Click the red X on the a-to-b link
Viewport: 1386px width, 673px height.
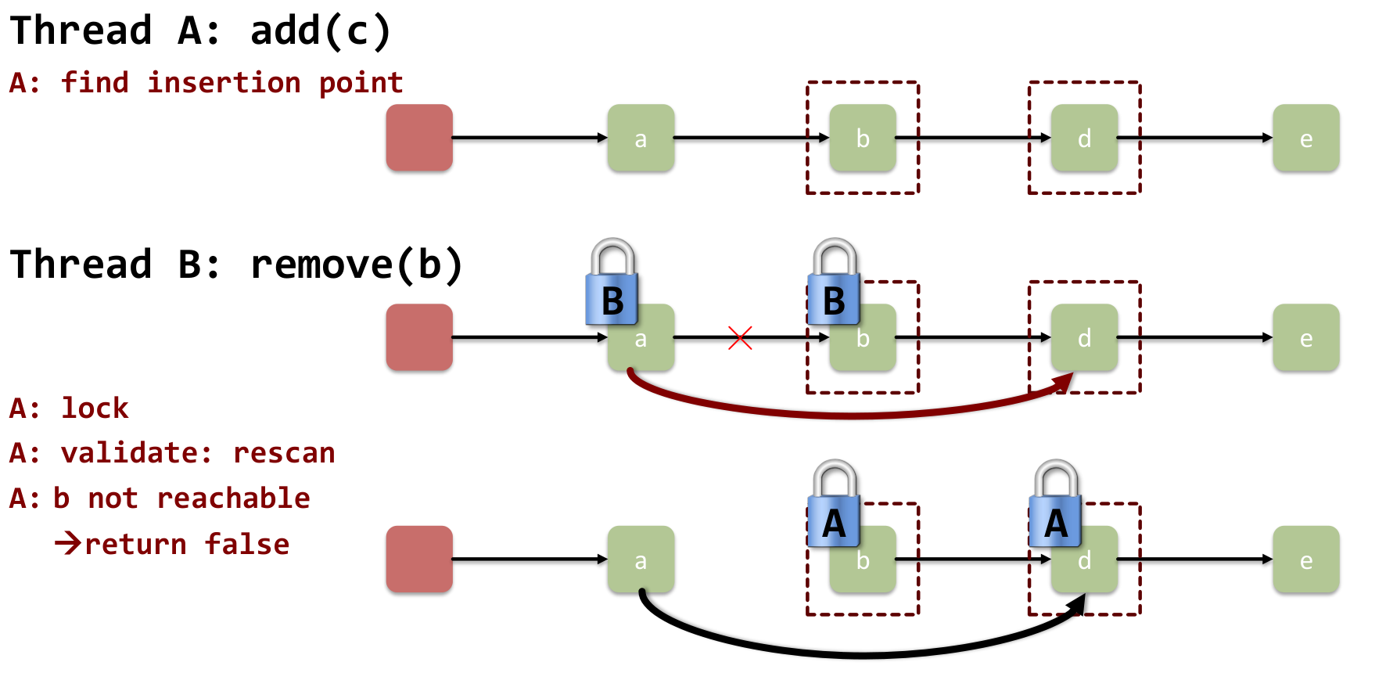pyautogui.click(x=739, y=338)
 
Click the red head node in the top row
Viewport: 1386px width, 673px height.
pyautogui.click(x=419, y=138)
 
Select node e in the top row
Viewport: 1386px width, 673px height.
pyautogui.click(x=1305, y=138)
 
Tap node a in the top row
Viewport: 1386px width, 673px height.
pyautogui.click(x=641, y=138)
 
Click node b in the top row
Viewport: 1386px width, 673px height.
pyautogui.click(x=863, y=138)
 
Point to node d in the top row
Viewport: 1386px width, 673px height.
pyautogui.click(x=1084, y=138)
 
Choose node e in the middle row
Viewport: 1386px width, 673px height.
pyautogui.click(x=1305, y=337)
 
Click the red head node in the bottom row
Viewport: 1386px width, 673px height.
pyautogui.click(x=419, y=559)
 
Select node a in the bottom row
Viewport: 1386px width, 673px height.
pyautogui.click(x=641, y=559)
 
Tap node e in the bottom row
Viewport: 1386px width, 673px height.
pyautogui.click(x=1305, y=559)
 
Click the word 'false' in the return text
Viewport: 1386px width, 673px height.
pyautogui.click(x=247, y=544)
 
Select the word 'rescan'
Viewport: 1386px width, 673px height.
pyautogui.click(x=284, y=453)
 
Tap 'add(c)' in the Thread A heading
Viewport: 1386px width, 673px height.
pyautogui.click(x=321, y=31)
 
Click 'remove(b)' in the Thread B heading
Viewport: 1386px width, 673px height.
pyautogui.click(x=357, y=265)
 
